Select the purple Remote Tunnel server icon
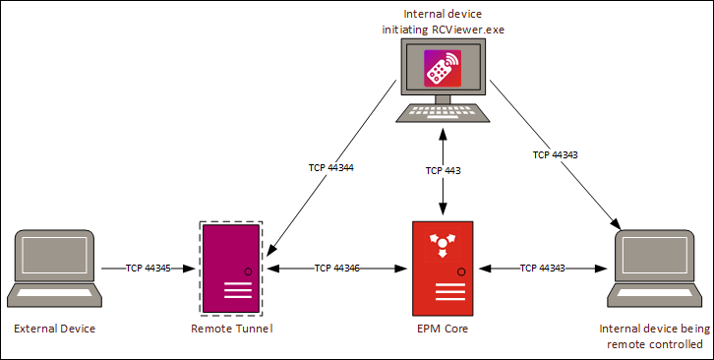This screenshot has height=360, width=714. (x=231, y=267)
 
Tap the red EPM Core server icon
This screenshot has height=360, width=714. (x=442, y=267)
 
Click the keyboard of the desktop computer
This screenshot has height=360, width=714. (x=442, y=112)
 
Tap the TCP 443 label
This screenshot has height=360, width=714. (x=442, y=170)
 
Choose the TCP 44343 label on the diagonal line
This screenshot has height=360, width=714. (x=557, y=154)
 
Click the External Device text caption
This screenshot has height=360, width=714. (x=54, y=328)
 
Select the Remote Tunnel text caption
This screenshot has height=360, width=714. (x=230, y=328)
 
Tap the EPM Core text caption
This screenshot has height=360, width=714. (x=442, y=328)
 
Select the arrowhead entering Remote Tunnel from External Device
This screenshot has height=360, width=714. (x=192, y=268)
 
